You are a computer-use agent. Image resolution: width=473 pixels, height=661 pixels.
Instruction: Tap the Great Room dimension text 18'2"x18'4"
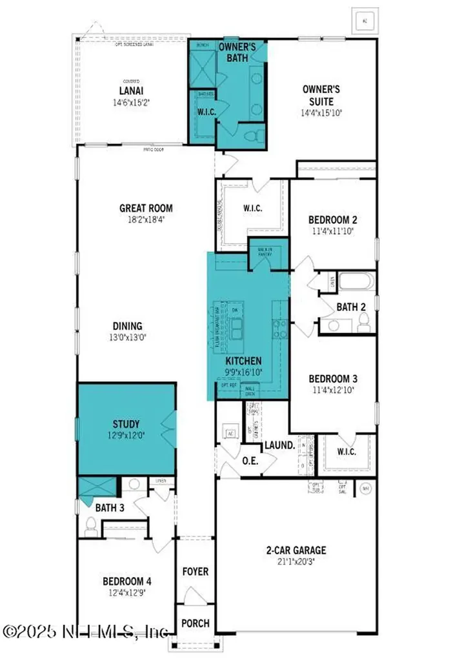[x=146, y=219]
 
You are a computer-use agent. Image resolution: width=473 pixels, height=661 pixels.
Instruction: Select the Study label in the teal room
[x=126, y=424]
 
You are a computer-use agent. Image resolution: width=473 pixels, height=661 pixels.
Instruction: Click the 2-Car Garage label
[x=296, y=551]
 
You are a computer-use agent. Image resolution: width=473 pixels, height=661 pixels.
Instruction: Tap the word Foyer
[x=196, y=571]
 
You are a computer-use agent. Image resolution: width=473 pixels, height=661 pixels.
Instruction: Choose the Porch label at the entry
[x=196, y=623]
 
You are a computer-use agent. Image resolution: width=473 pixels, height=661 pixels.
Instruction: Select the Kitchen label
[x=243, y=361]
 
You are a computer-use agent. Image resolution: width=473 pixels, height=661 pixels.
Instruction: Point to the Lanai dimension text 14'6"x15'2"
[x=131, y=102]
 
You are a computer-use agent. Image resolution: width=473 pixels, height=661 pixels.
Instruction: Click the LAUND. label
[x=279, y=445]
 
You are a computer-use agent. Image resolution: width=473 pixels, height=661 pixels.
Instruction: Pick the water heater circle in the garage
[x=365, y=489]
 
